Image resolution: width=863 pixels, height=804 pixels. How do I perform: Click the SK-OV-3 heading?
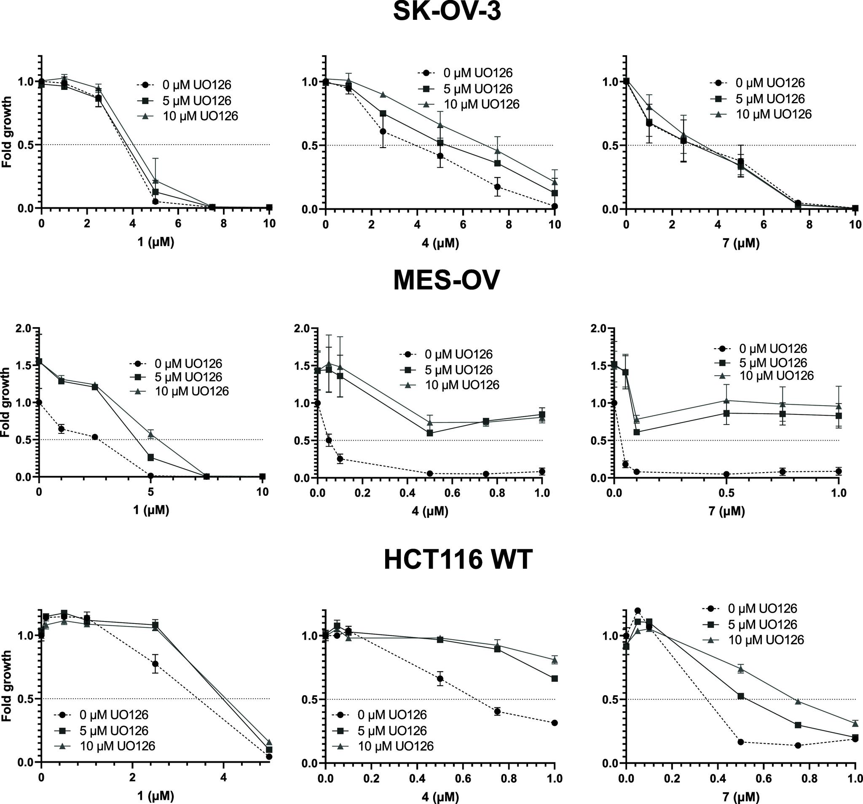point(447,12)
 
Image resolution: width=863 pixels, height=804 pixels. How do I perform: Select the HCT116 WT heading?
point(458,560)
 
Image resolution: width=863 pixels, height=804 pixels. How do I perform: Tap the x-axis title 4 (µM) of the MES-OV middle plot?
point(430,511)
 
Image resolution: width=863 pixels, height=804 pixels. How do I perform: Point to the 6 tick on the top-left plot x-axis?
point(178,224)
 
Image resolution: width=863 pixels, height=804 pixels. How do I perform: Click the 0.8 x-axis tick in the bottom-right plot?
point(809,778)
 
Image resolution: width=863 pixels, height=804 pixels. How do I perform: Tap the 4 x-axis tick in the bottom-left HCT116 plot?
point(223,777)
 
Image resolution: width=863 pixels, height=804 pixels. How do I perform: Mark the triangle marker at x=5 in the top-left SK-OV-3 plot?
point(155,180)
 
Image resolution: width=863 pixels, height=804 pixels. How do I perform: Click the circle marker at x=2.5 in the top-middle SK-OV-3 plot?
point(383,131)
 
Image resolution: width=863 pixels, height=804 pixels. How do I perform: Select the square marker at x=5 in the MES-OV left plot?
point(150,457)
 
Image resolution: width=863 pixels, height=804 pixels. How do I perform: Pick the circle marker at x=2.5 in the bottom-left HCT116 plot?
point(155,664)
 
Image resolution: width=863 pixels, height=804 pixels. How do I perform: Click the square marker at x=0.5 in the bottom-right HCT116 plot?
point(740,696)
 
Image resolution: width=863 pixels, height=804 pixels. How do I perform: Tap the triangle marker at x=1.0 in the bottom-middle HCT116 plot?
point(555,660)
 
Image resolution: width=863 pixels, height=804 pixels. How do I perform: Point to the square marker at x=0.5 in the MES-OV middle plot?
point(430,433)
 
